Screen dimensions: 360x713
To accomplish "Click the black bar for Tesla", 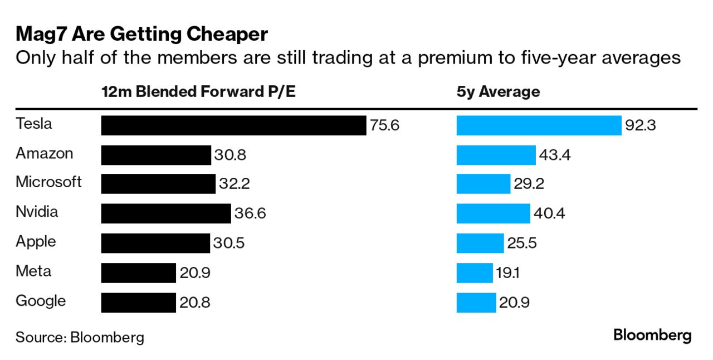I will (x=233, y=125).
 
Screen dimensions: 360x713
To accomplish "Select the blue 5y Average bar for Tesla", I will (x=539, y=125).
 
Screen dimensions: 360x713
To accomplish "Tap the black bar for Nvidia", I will (x=165, y=213).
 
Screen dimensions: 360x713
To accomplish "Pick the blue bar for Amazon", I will (x=496, y=155).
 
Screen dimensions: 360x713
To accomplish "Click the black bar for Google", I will (x=138, y=303).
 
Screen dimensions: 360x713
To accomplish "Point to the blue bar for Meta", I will (x=475, y=273).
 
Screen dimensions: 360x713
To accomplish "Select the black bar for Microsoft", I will (x=158, y=184).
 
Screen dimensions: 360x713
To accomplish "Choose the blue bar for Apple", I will (x=480, y=244).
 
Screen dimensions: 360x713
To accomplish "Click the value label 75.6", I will (x=384, y=125).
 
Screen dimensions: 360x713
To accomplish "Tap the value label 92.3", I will (x=641, y=125).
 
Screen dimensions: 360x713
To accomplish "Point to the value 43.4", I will (x=555, y=155).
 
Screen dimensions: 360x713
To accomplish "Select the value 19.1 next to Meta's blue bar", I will (x=507, y=273).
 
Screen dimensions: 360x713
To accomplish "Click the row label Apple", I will (x=36, y=242).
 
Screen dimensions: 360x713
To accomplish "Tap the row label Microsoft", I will (x=48, y=182).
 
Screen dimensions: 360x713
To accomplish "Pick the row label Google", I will (x=41, y=301).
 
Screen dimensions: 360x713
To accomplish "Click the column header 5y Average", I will (x=498, y=92).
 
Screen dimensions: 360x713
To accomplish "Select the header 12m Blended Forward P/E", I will (x=198, y=92).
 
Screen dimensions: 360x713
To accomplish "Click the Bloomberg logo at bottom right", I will (x=652, y=335).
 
